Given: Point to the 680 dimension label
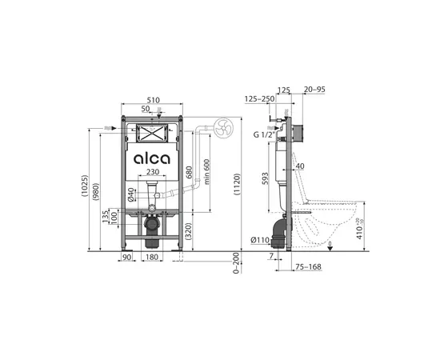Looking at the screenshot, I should pos(189,172).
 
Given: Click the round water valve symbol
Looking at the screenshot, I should pos(222,126).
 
